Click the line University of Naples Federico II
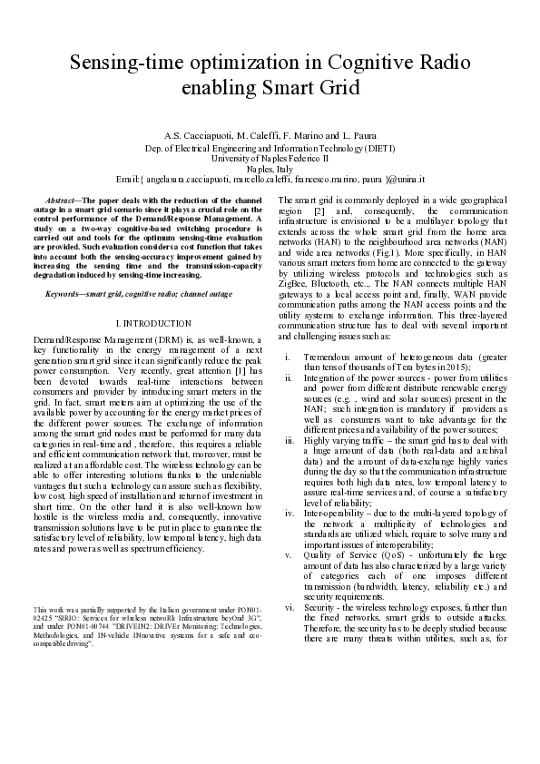tap(270, 157)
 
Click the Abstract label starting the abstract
tap(63, 198)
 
